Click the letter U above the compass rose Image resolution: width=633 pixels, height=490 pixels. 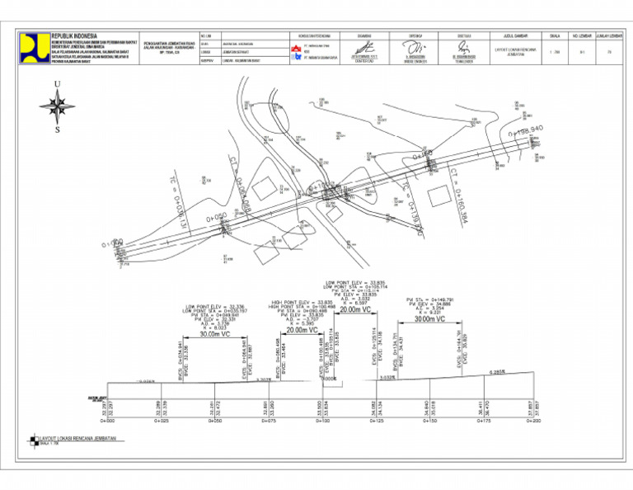point(57,85)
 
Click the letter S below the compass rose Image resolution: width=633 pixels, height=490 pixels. point(57,130)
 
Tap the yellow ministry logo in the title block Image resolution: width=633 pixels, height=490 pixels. point(35,49)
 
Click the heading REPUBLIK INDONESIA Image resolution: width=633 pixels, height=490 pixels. point(74,36)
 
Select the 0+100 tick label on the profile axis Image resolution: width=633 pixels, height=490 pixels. point(322,421)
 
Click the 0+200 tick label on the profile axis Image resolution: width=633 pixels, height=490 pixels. point(537,421)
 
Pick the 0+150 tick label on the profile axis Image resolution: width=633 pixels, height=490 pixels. point(429,421)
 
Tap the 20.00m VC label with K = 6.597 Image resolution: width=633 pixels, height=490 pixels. point(355,309)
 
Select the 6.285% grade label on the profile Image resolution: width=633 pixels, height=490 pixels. point(498,372)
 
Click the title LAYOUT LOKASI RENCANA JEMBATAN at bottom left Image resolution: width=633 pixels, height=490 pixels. point(78,438)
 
